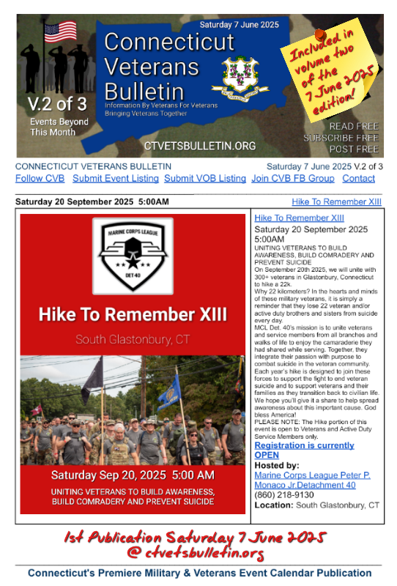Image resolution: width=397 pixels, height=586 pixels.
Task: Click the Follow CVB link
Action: [x=40, y=179]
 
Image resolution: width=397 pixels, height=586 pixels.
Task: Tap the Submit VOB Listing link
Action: [x=205, y=179]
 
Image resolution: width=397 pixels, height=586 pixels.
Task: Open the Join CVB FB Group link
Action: [x=292, y=179]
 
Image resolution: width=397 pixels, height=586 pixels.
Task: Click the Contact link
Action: [x=358, y=179]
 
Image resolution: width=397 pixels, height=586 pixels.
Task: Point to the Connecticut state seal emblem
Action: [x=236, y=78]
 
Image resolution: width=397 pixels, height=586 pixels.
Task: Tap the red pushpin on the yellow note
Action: [x=320, y=34]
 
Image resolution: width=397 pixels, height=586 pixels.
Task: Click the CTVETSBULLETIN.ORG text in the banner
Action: [x=200, y=146]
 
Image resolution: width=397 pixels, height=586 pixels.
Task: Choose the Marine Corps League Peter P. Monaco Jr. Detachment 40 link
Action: [x=311, y=480]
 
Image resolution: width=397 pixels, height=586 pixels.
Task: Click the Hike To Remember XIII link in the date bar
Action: [x=336, y=201]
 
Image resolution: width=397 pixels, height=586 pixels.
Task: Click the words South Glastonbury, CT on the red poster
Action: [x=132, y=340]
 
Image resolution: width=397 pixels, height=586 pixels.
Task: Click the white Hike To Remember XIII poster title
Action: [x=133, y=315]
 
